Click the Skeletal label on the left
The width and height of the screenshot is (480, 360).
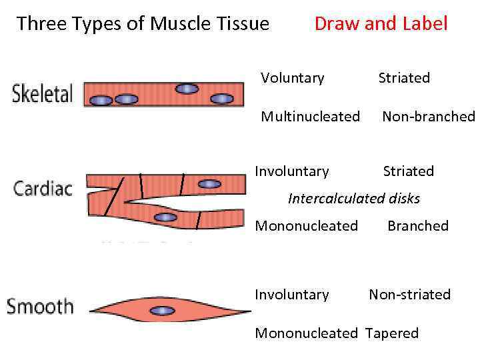42,93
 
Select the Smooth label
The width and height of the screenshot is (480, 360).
40,307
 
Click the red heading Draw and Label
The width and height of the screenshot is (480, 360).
381,24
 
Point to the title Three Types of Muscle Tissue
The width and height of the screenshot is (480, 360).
143,24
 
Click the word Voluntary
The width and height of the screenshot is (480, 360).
292,78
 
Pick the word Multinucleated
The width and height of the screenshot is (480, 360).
310,117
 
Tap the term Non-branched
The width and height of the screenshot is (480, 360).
428,117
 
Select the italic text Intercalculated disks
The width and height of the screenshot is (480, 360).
353,198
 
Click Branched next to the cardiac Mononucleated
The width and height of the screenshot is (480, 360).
418,225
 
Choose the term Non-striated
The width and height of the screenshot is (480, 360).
409,295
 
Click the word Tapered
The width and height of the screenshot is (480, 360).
391,333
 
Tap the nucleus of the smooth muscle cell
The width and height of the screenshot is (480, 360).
162,310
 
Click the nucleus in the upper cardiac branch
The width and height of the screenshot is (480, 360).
209,183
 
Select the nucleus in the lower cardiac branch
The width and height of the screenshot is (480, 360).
164,217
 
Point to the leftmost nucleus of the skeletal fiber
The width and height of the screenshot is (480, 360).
101,100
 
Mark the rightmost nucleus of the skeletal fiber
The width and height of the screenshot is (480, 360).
221,99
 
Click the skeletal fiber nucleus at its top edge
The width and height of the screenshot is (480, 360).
187,88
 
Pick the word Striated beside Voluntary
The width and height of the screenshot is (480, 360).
404,78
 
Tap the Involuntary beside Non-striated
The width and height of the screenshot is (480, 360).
292,295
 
